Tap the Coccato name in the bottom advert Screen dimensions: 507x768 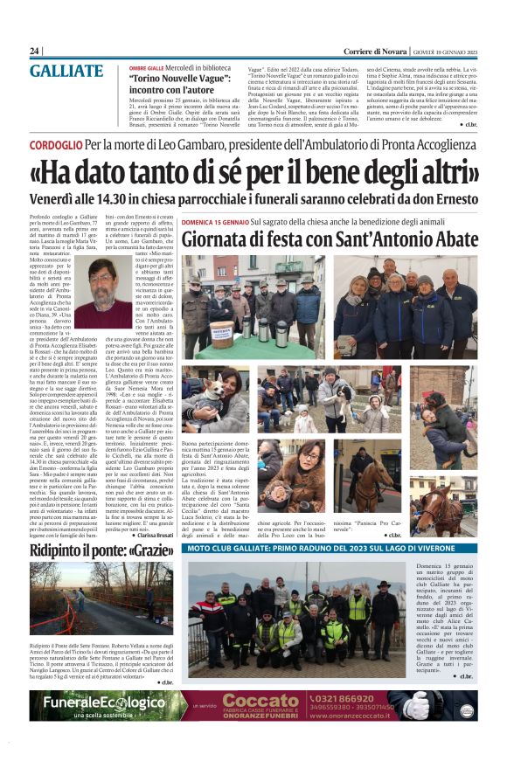point(261,702)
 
